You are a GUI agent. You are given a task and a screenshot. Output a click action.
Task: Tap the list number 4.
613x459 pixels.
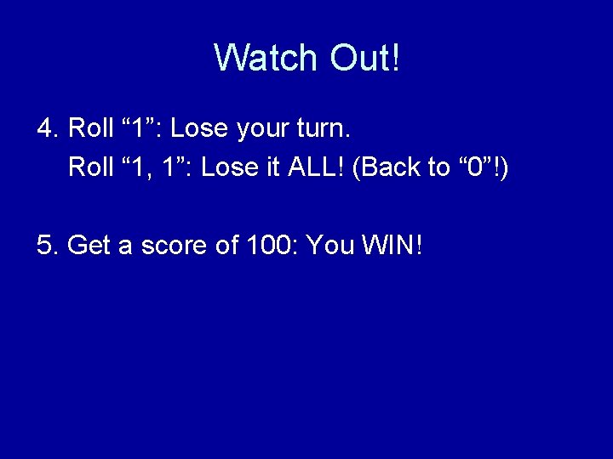[x=46, y=129]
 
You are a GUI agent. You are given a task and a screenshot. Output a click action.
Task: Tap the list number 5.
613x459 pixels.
[x=46, y=246]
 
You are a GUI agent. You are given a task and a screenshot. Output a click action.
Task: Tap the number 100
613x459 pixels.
[x=271, y=246]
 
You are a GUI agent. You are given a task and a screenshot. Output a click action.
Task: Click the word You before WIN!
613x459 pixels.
[x=329, y=246]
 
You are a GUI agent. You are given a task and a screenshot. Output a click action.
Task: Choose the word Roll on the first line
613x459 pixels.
[x=90, y=129]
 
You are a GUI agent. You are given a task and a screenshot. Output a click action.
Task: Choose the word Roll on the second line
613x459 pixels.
[x=90, y=167]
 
